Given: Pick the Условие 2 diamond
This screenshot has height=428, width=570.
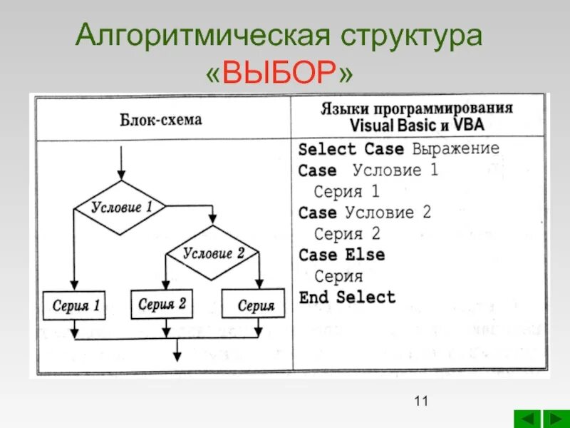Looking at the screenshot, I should tap(213, 253).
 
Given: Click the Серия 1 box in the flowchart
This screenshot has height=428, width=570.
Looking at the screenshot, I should tap(75, 307).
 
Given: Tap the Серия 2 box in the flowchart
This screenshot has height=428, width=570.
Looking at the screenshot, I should tap(162, 305).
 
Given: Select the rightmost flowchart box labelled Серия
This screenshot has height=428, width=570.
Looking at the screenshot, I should tap(254, 305).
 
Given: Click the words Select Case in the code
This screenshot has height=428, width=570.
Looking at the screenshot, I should tap(336, 150).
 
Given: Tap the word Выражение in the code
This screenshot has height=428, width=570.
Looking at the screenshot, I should tap(456, 149).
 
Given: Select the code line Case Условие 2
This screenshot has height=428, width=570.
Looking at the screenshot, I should tap(365, 213).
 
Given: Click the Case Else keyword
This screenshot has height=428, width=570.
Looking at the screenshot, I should tap(342, 255).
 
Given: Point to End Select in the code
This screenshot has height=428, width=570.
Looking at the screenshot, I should tap(347, 297).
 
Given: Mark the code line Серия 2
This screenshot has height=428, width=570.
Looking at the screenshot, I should tap(347, 234).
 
